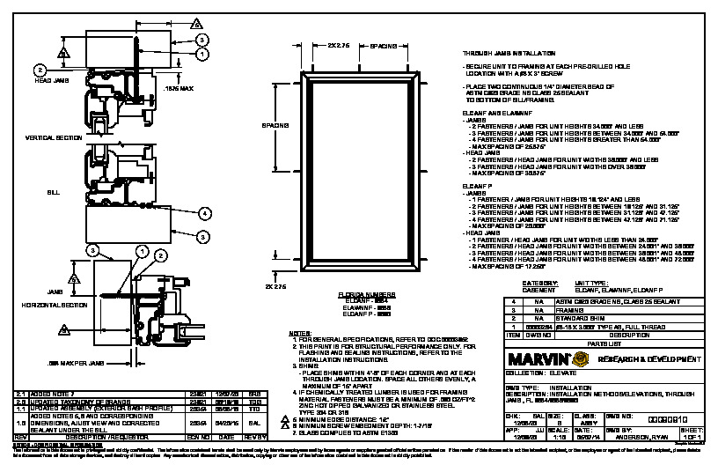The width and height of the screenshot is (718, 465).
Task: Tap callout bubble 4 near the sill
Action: click(x=203, y=213)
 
